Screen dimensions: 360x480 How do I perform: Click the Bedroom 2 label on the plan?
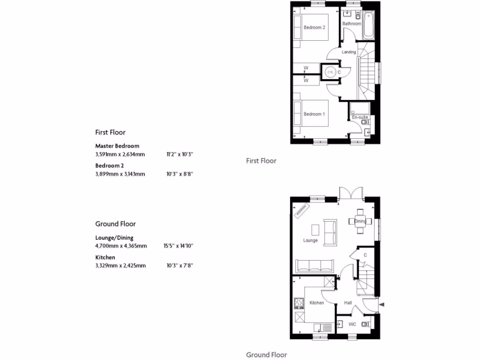pos(314,28)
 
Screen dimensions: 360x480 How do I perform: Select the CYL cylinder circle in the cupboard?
pos(330,72)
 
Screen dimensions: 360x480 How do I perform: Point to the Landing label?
pos(349,52)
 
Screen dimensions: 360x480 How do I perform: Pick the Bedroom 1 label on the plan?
pos(314,114)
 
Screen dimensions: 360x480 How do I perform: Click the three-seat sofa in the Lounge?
pos(314,265)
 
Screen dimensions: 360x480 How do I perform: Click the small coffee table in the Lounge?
pos(315,230)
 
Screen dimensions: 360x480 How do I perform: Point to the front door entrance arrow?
pos(381,305)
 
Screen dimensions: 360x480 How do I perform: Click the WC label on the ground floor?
pos(352,324)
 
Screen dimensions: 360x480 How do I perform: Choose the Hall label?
pos(348,303)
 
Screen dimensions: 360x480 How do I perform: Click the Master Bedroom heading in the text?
pos(117,146)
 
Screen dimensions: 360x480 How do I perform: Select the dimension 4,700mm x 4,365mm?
pos(121,246)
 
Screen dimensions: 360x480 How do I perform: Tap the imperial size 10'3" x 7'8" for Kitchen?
pos(180,266)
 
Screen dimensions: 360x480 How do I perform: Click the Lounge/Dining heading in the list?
pos(114,238)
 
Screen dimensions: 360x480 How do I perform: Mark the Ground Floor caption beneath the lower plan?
pos(266,355)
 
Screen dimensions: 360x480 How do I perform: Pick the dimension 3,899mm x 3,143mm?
pos(120,174)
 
